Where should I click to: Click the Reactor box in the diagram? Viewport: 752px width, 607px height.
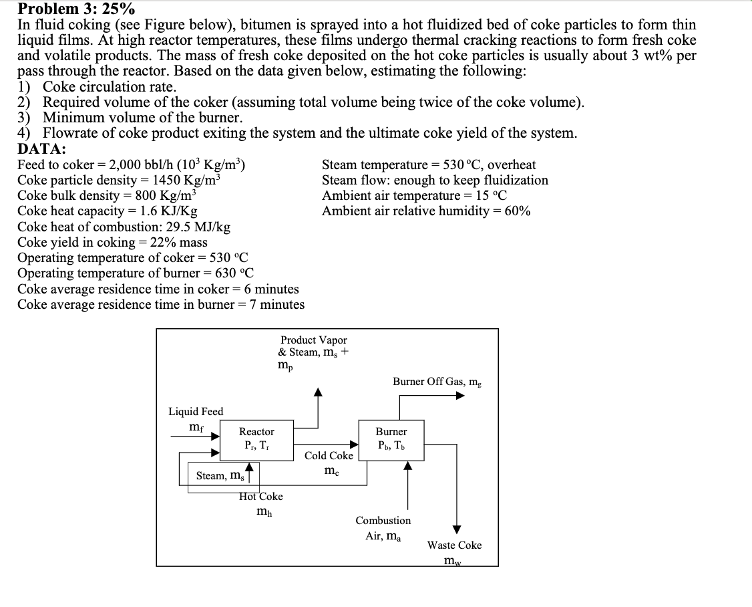coord(257,439)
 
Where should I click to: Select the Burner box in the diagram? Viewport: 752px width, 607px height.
coord(391,439)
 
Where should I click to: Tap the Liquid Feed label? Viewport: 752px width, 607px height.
coord(196,411)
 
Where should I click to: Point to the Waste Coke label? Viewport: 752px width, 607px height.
coord(454,545)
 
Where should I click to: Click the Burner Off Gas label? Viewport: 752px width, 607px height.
coord(436,382)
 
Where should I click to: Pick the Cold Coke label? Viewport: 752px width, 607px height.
coord(329,456)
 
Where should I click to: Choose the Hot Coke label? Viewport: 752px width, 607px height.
coord(260,497)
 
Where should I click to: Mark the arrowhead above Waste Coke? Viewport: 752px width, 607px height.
coord(457,529)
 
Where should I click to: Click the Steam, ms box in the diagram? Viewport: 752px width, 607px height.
coord(220,475)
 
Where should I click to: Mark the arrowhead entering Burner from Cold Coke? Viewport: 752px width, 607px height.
coord(354,443)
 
